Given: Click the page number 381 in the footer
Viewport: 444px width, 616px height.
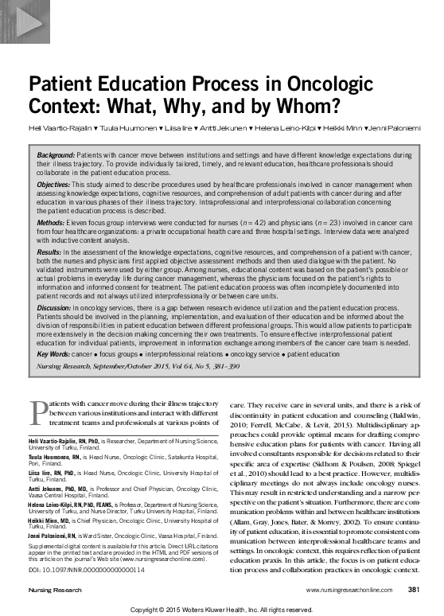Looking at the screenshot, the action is pos(413,590).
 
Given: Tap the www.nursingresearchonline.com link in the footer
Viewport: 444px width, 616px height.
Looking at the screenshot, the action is pos(348,590).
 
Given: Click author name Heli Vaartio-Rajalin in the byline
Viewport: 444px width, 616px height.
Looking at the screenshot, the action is pos(58,127).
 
